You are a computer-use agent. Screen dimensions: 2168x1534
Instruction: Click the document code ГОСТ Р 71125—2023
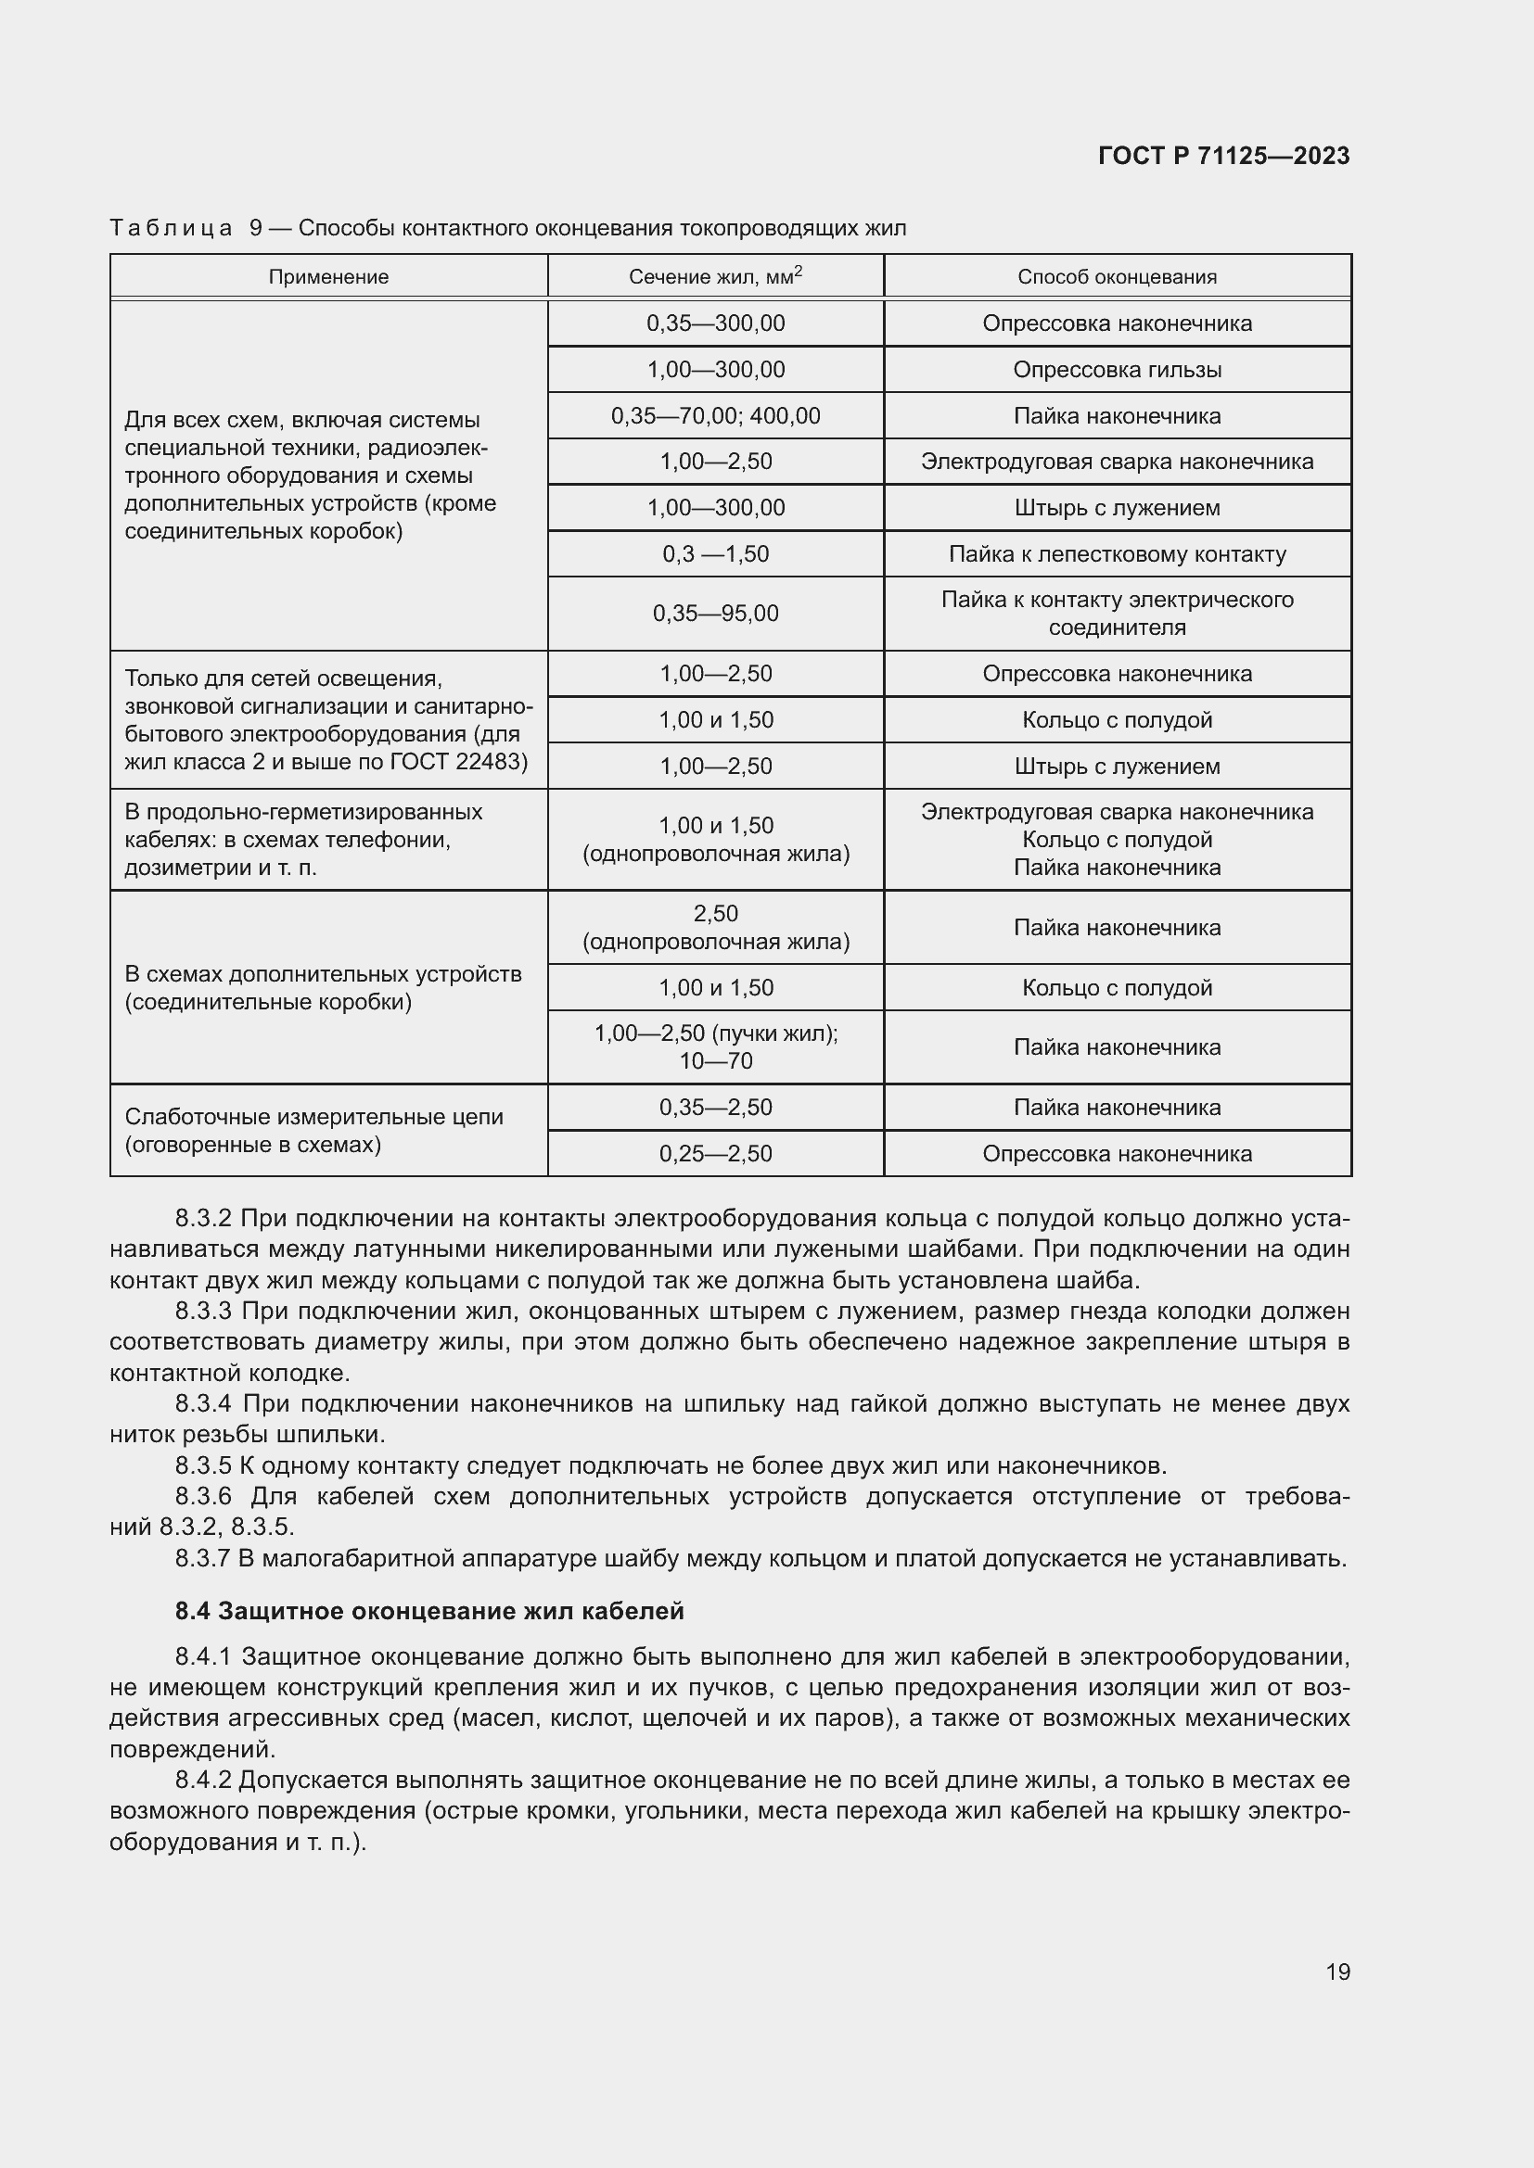[x=1223, y=156]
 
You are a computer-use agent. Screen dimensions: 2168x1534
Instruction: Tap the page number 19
[x=1337, y=1971]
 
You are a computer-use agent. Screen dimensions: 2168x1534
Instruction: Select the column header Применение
[x=327, y=276]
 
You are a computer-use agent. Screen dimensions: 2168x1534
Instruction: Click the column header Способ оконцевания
[x=1117, y=276]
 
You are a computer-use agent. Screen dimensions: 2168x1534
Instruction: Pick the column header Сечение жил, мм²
[x=715, y=275]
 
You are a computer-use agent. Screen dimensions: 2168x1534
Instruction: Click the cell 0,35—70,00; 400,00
[x=715, y=415]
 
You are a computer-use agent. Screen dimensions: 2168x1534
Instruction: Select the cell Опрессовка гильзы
[x=1117, y=369]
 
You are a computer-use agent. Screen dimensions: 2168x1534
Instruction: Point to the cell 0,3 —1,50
[x=715, y=554]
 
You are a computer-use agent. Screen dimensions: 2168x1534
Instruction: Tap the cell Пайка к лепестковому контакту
[x=1117, y=554]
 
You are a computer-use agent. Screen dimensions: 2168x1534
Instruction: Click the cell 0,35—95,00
[x=715, y=614]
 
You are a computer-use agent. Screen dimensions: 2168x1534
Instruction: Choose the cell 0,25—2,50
[x=715, y=1154]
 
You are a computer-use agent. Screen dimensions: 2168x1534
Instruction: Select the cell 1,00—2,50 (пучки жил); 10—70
[x=715, y=1047]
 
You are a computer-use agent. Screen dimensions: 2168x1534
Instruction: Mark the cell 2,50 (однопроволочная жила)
[x=715, y=927]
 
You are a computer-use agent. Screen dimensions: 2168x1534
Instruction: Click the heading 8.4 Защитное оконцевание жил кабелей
[x=428, y=1611]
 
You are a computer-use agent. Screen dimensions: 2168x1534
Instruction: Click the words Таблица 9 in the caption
[x=185, y=229]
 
